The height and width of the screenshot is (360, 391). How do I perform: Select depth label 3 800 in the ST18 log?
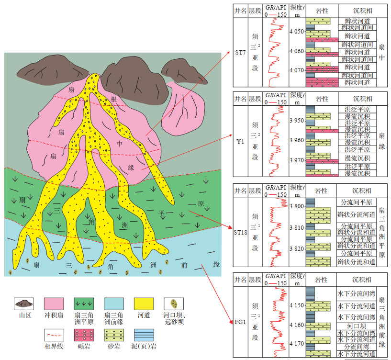tap(298, 207)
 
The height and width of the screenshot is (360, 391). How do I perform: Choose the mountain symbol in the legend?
tap(24, 304)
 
